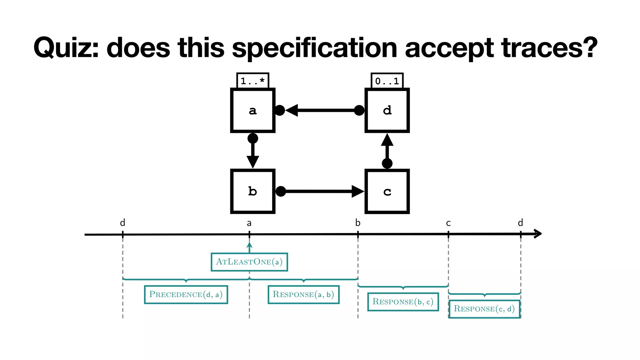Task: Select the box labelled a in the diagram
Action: pyautogui.click(x=252, y=110)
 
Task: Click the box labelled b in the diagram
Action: pyautogui.click(x=252, y=191)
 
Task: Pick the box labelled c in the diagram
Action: pyautogui.click(x=387, y=191)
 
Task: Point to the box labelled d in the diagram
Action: pyautogui.click(x=387, y=110)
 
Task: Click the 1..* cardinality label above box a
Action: pyautogui.click(x=252, y=81)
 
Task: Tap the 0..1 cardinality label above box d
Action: pyautogui.click(x=387, y=81)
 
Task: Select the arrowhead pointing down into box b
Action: pyautogui.click(x=252, y=162)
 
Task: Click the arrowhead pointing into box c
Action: pyautogui.click(x=357, y=191)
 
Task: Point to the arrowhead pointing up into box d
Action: pyautogui.click(x=387, y=140)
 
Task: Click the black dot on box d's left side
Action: pyautogui.click(x=359, y=110)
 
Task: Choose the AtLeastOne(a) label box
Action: pyautogui.click(x=249, y=262)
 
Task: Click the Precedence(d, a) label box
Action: pyautogui.click(x=186, y=294)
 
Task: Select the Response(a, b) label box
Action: pyautogui.click(x=303, y=294)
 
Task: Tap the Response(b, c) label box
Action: pyautogui.click(x=403, y=302)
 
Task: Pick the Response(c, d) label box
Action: pyautogui.click(x=484, y=309)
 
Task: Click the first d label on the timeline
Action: pyautogui.click(x=122, y=223)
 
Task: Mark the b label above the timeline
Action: pyautogui.click(x=358, y=223)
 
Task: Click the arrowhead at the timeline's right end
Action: pyautogui.click(x=537, y=234)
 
